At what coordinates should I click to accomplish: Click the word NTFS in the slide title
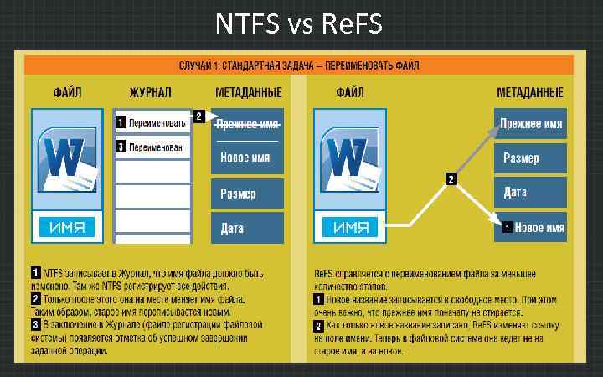(x=247, y=23)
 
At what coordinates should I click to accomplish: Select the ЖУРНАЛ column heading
(x=151, y=92)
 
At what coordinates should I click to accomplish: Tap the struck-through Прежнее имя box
(x=249, y=124)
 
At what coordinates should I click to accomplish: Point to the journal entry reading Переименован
(x=156, y=147)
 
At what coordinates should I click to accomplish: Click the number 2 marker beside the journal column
(x=199, y=116)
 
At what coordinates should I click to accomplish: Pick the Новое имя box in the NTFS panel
(x=249, y=157)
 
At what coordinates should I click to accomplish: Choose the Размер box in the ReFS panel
(x=529, y=158)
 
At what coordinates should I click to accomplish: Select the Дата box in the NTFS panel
(x=249, y=227)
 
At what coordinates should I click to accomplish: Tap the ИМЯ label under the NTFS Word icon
(x=66, y=227)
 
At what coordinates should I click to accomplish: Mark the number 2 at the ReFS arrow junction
(x=451, y=178)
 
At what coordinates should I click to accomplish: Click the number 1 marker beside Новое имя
(x=506, y=227)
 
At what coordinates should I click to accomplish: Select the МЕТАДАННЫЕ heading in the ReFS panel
(x=530, y=92)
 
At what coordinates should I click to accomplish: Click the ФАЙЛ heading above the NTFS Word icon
(x=67, y=92)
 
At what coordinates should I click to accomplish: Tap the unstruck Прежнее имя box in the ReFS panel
(x=530, y=123)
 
